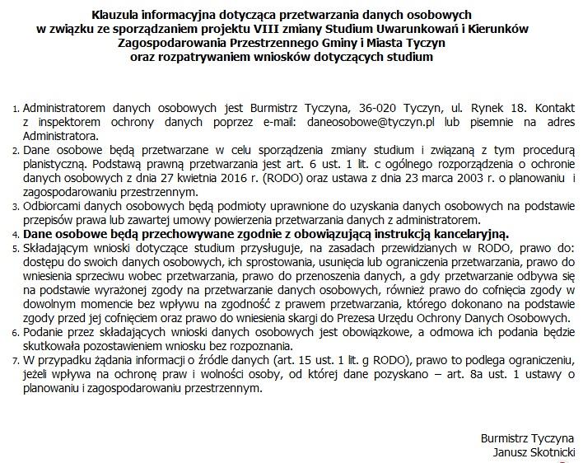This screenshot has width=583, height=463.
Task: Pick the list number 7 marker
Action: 16,360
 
